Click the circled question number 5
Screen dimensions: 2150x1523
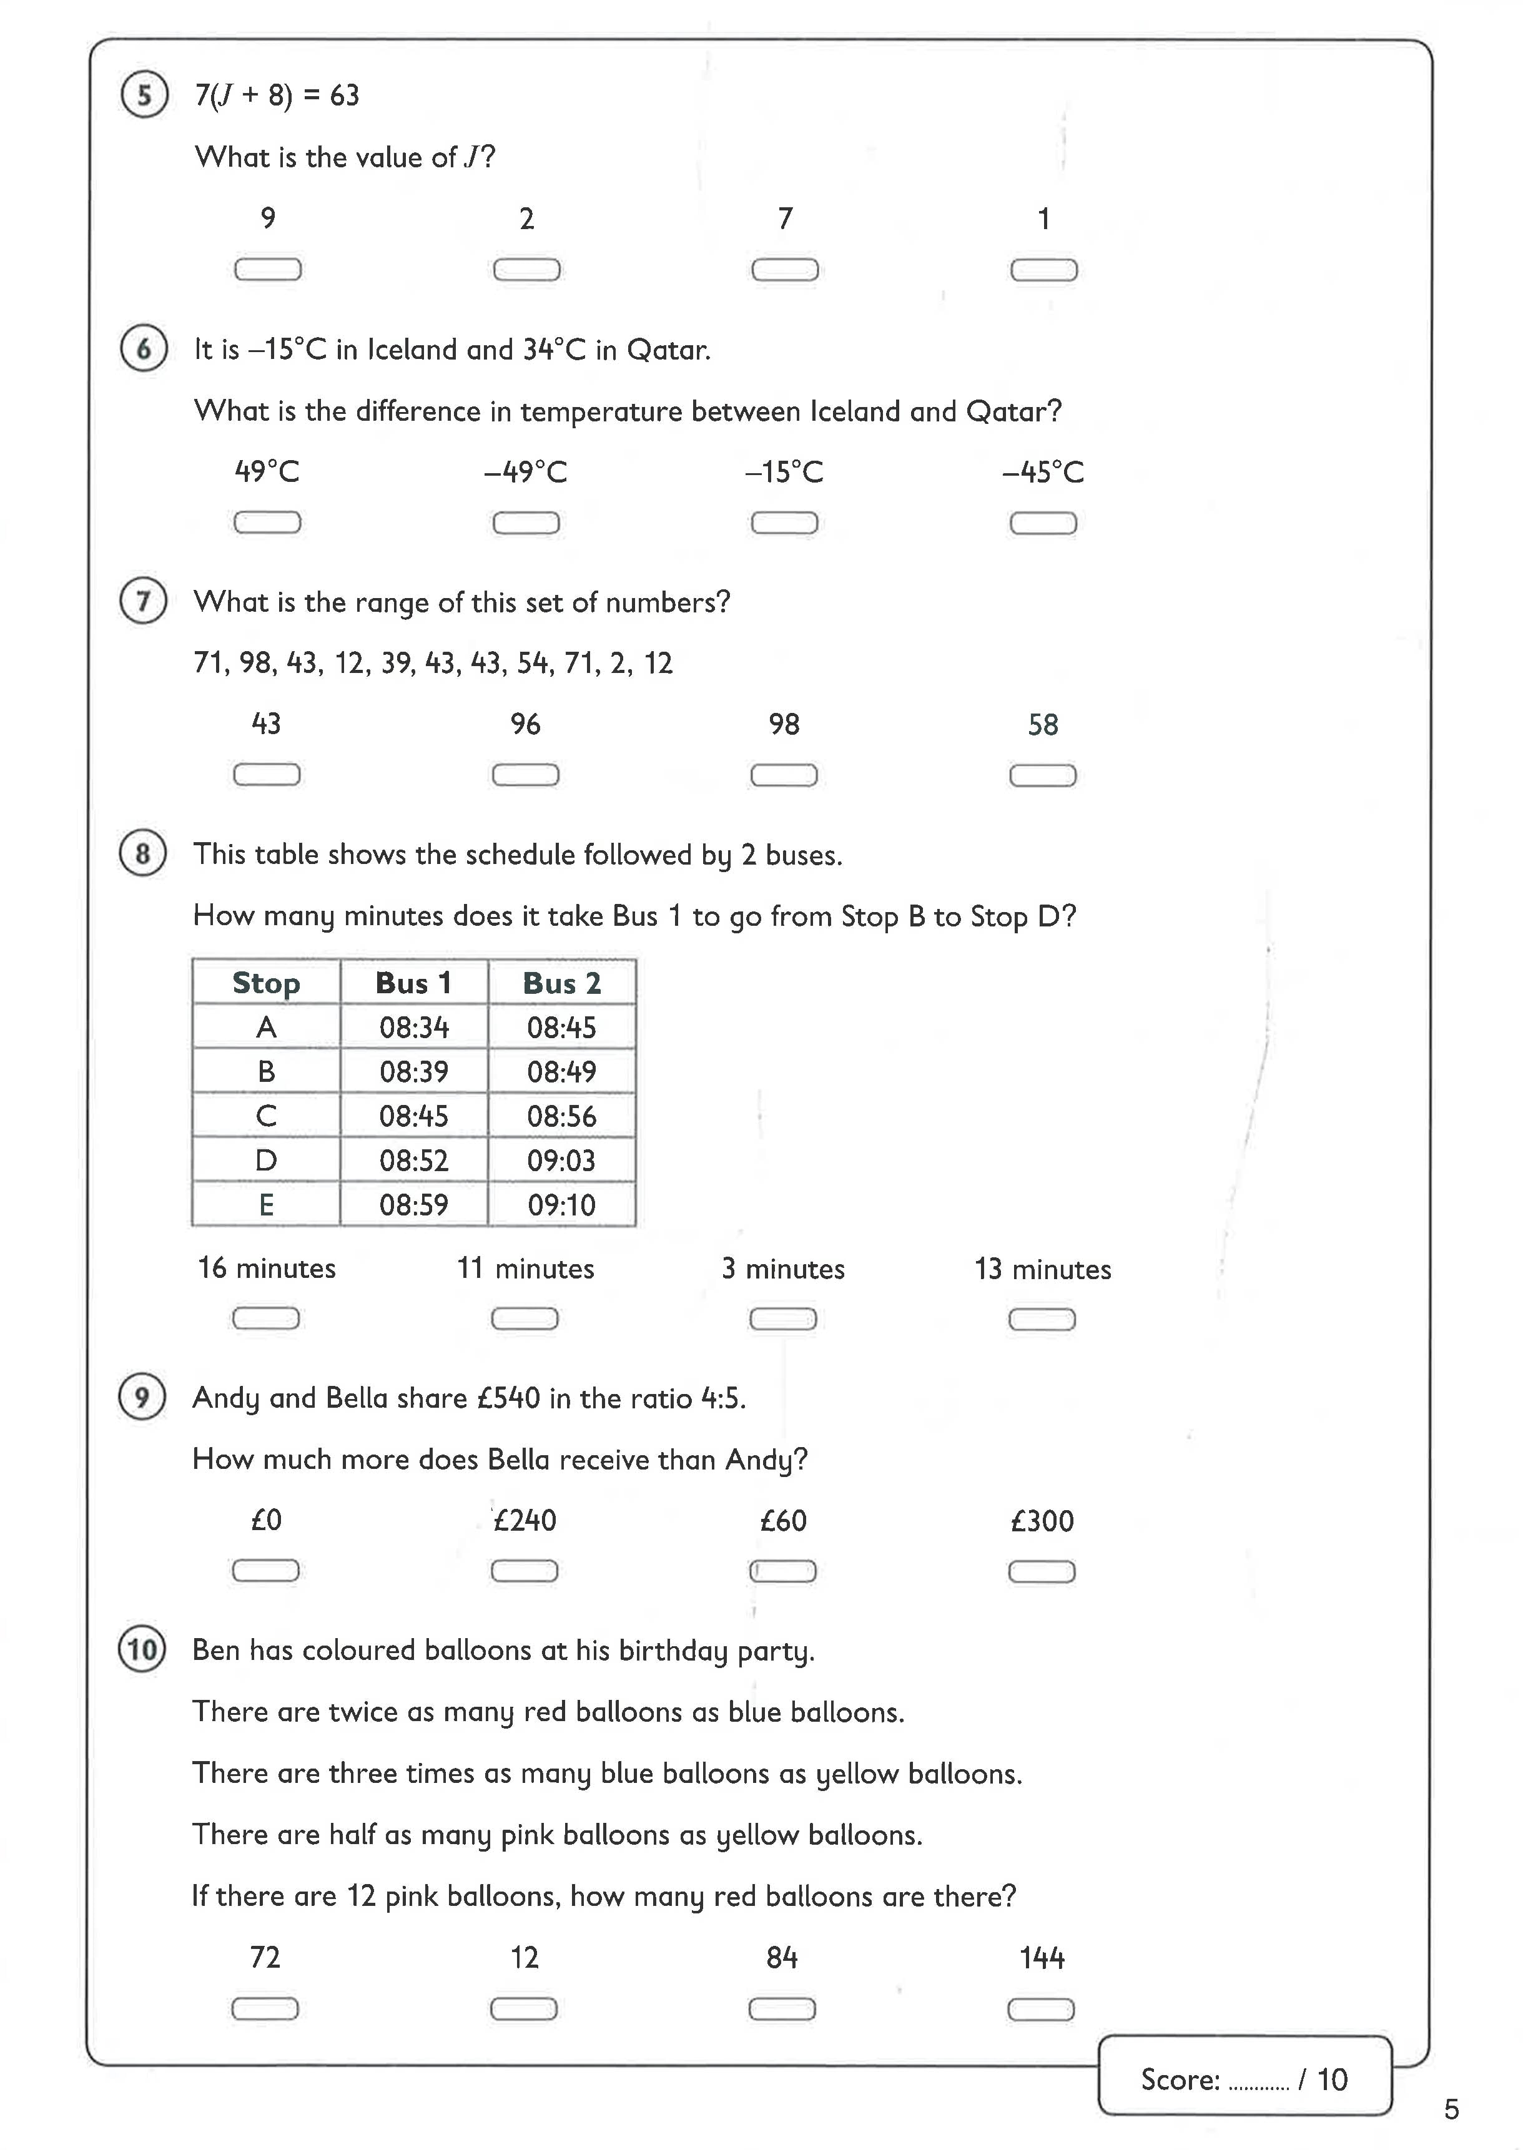tap(144, 95)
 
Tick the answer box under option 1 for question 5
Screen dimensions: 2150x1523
tap(1043, 270)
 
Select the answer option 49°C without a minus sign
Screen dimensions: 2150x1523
tap(267, 471)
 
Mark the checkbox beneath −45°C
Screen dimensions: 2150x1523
tap(1042, 523)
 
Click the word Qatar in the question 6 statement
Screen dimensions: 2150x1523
tap(668, 350)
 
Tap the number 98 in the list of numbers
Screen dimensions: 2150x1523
tap(255, 663)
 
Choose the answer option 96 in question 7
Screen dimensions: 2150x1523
tap(525, 724)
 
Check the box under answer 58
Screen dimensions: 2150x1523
tap(1042, 775)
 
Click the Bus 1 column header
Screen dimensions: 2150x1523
tap(413, 983)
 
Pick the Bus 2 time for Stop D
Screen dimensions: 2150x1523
tap(561, 1160)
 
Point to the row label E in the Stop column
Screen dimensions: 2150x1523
tap(267, 1205)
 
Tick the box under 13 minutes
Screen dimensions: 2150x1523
tap(1041, 1319)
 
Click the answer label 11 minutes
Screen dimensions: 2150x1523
tap(525, 1269)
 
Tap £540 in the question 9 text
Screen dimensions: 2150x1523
tap(508, 1398)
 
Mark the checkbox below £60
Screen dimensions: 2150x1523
tap(782, 1571)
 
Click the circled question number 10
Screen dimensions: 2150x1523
tap(142, 1649)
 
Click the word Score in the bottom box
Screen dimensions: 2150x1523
tap(1180, 2079)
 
